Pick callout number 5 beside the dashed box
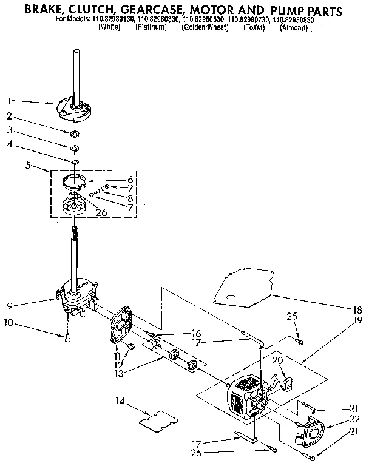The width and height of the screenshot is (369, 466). coord(29,164)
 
